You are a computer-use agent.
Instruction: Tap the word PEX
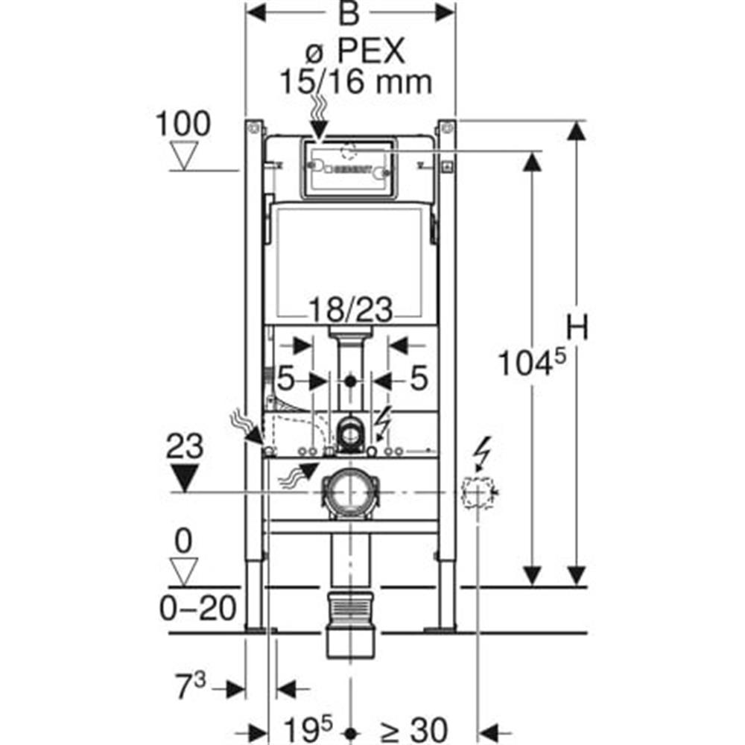click(370, 52)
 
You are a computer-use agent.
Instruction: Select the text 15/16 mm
click(355, 81)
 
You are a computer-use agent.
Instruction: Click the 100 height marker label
click(183, 124)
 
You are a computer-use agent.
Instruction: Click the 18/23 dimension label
click(350, 308)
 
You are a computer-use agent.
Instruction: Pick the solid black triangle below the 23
click(183, 478)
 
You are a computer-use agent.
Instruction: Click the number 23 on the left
click(183, 448)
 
